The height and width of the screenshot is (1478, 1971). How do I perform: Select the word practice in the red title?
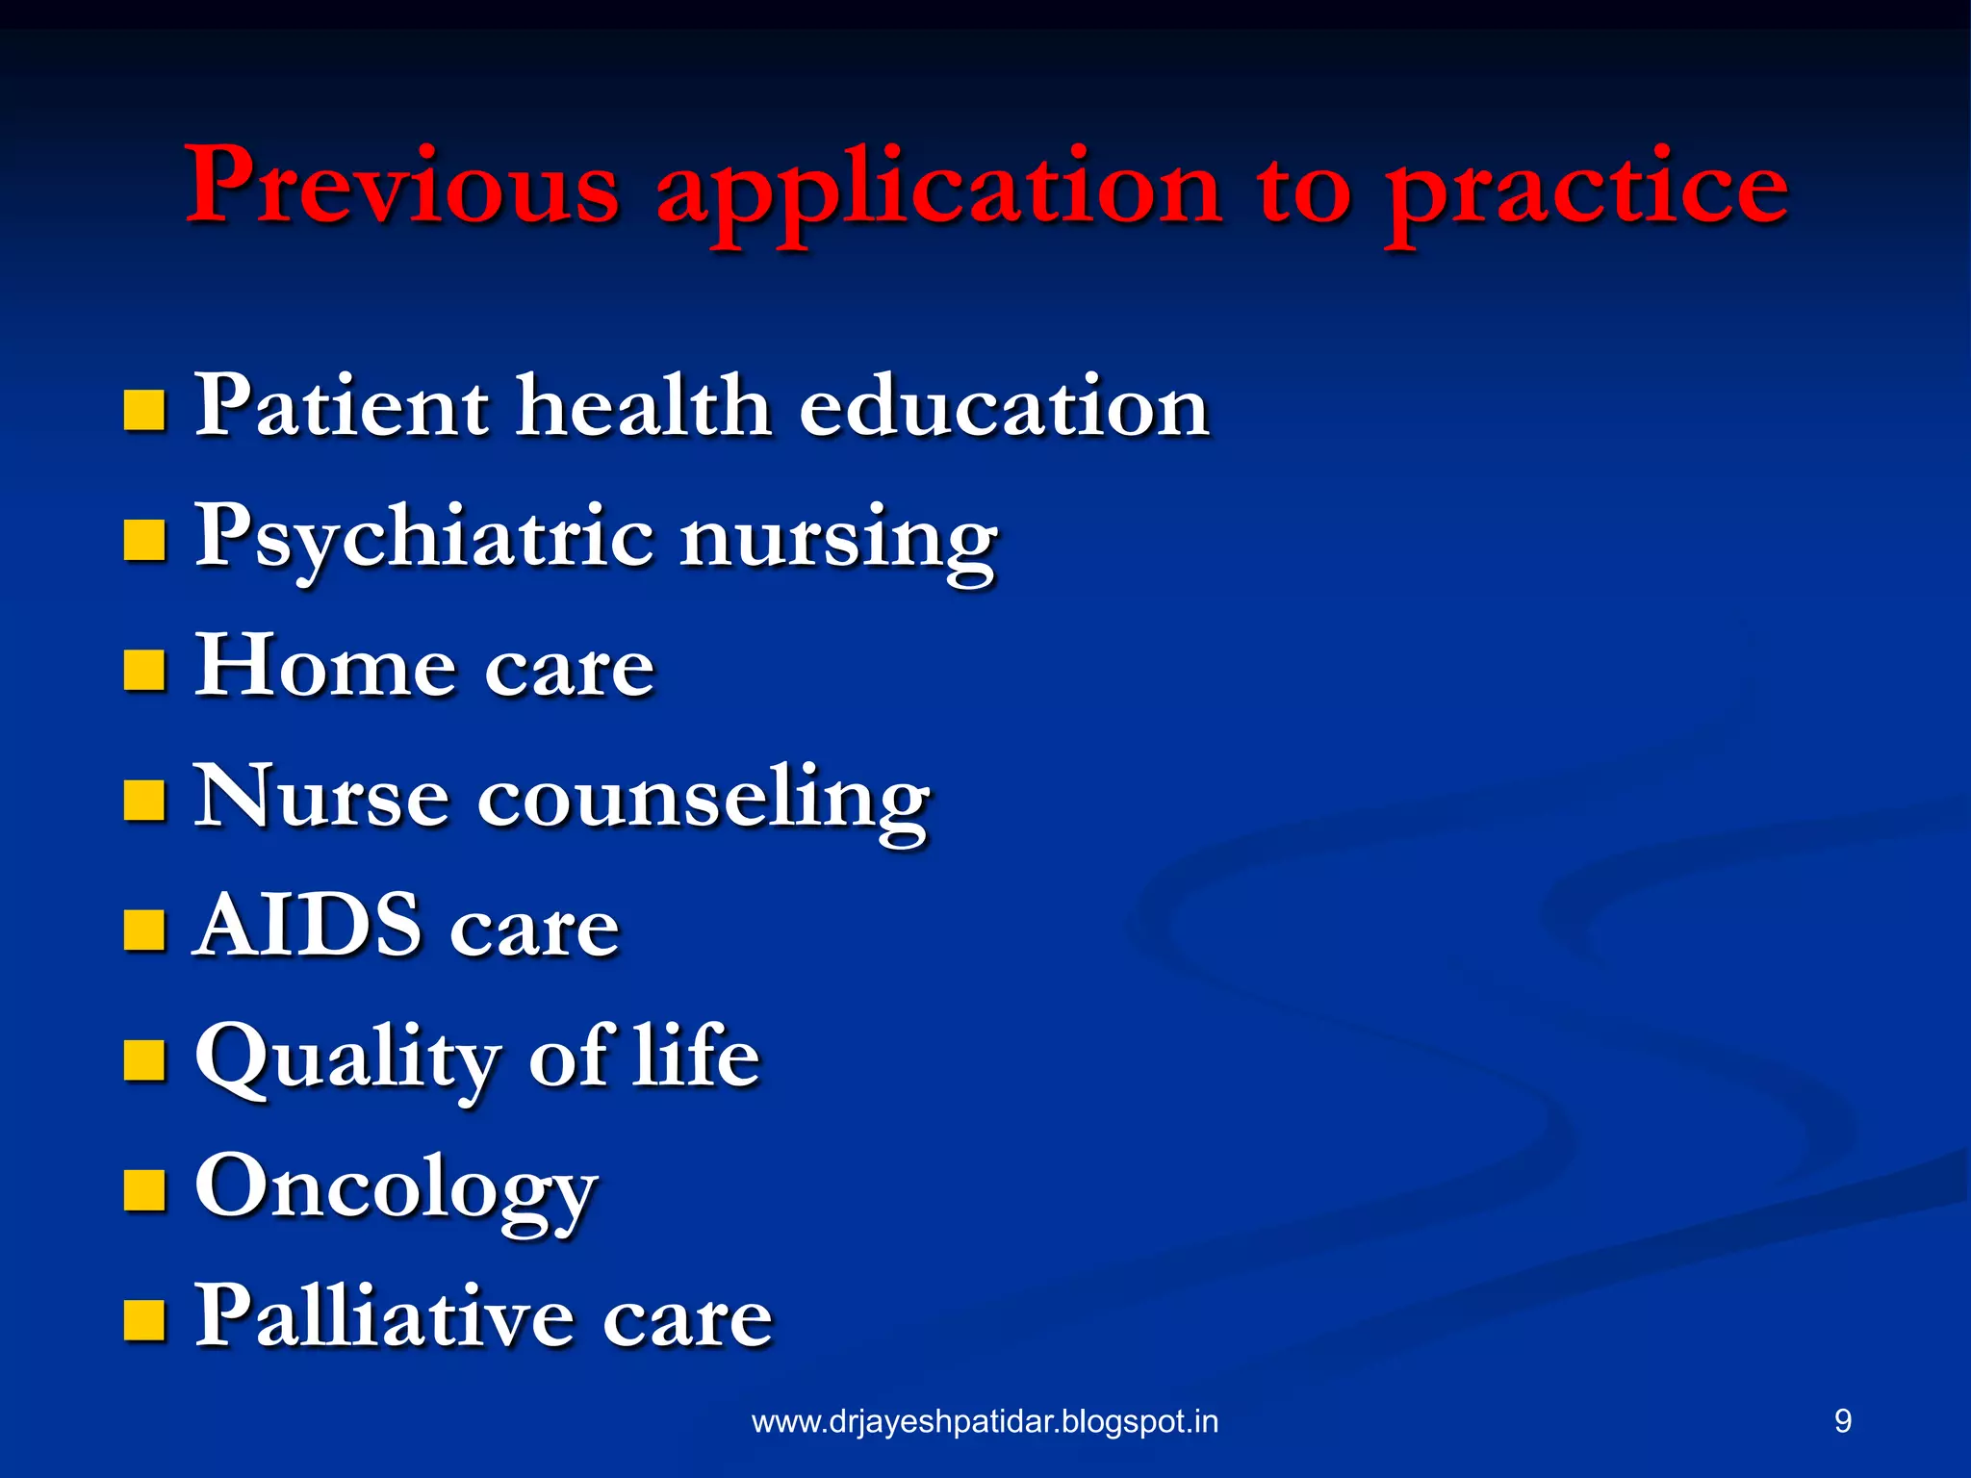[1586, 192]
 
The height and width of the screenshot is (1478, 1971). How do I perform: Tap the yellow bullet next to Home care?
[144, 671]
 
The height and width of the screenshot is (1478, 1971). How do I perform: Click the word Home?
[323, 666]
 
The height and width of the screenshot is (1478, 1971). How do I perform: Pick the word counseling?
[704, 799]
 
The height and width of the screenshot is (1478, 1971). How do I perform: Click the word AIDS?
[308, 926]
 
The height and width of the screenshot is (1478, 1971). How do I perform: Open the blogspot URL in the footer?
[985, 1421]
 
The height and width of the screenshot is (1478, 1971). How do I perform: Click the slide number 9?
[1842, 1421]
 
